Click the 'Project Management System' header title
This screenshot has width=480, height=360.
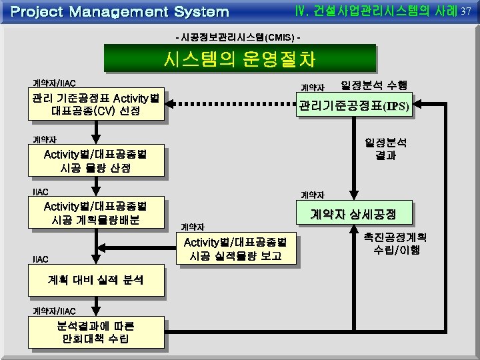tap(120, 11)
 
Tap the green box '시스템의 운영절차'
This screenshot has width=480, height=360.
tap(239, 59)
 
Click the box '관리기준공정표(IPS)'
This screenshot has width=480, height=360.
tap(354, 105)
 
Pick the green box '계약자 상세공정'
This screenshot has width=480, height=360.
tap(354, 214)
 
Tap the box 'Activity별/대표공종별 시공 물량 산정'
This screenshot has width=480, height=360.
tap(96, 161)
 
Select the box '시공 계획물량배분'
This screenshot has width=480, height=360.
tap(96, 213)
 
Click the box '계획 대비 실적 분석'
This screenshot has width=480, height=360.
tap(96, 280)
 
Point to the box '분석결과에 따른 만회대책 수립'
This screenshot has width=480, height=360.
tap(96, 332)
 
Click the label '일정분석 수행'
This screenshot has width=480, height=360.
tap(374, 85)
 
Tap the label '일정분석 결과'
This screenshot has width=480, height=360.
tap(386, 149)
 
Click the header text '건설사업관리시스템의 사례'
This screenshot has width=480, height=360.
tap(377, 11)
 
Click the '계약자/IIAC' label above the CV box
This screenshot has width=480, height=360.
tap(55, 83)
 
